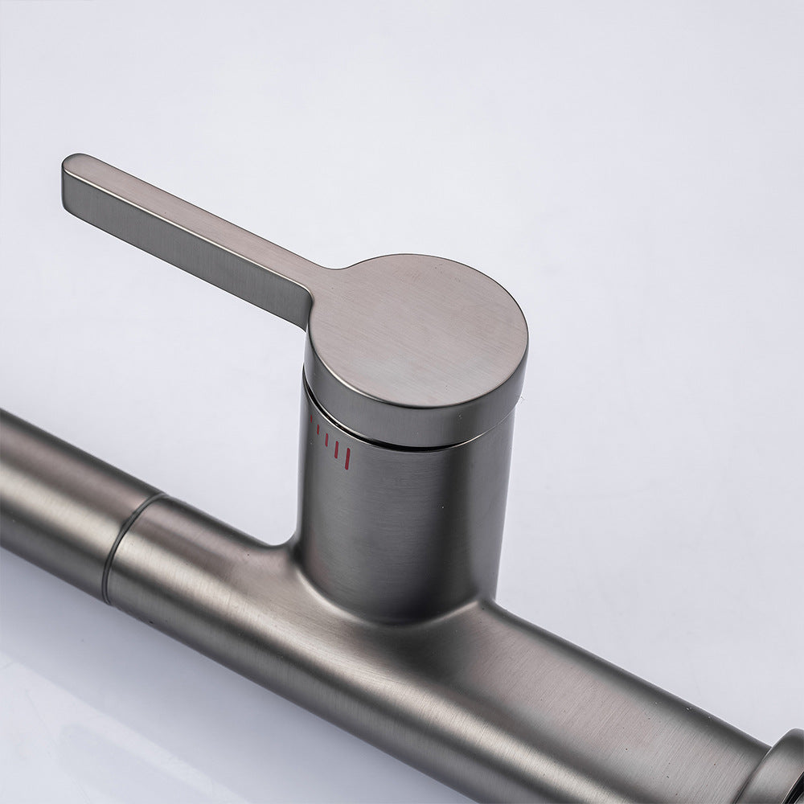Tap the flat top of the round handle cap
[418, 330]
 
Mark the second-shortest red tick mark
[318, 429]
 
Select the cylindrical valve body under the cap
[402, 515]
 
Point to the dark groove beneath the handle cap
[418, 438]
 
